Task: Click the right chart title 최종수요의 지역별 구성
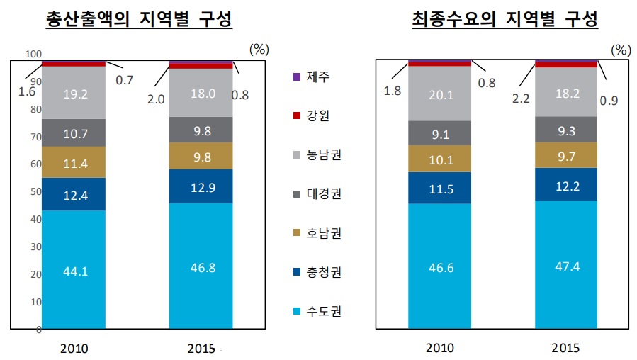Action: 504,19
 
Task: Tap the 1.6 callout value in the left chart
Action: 26,91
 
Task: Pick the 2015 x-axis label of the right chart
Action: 565,348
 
